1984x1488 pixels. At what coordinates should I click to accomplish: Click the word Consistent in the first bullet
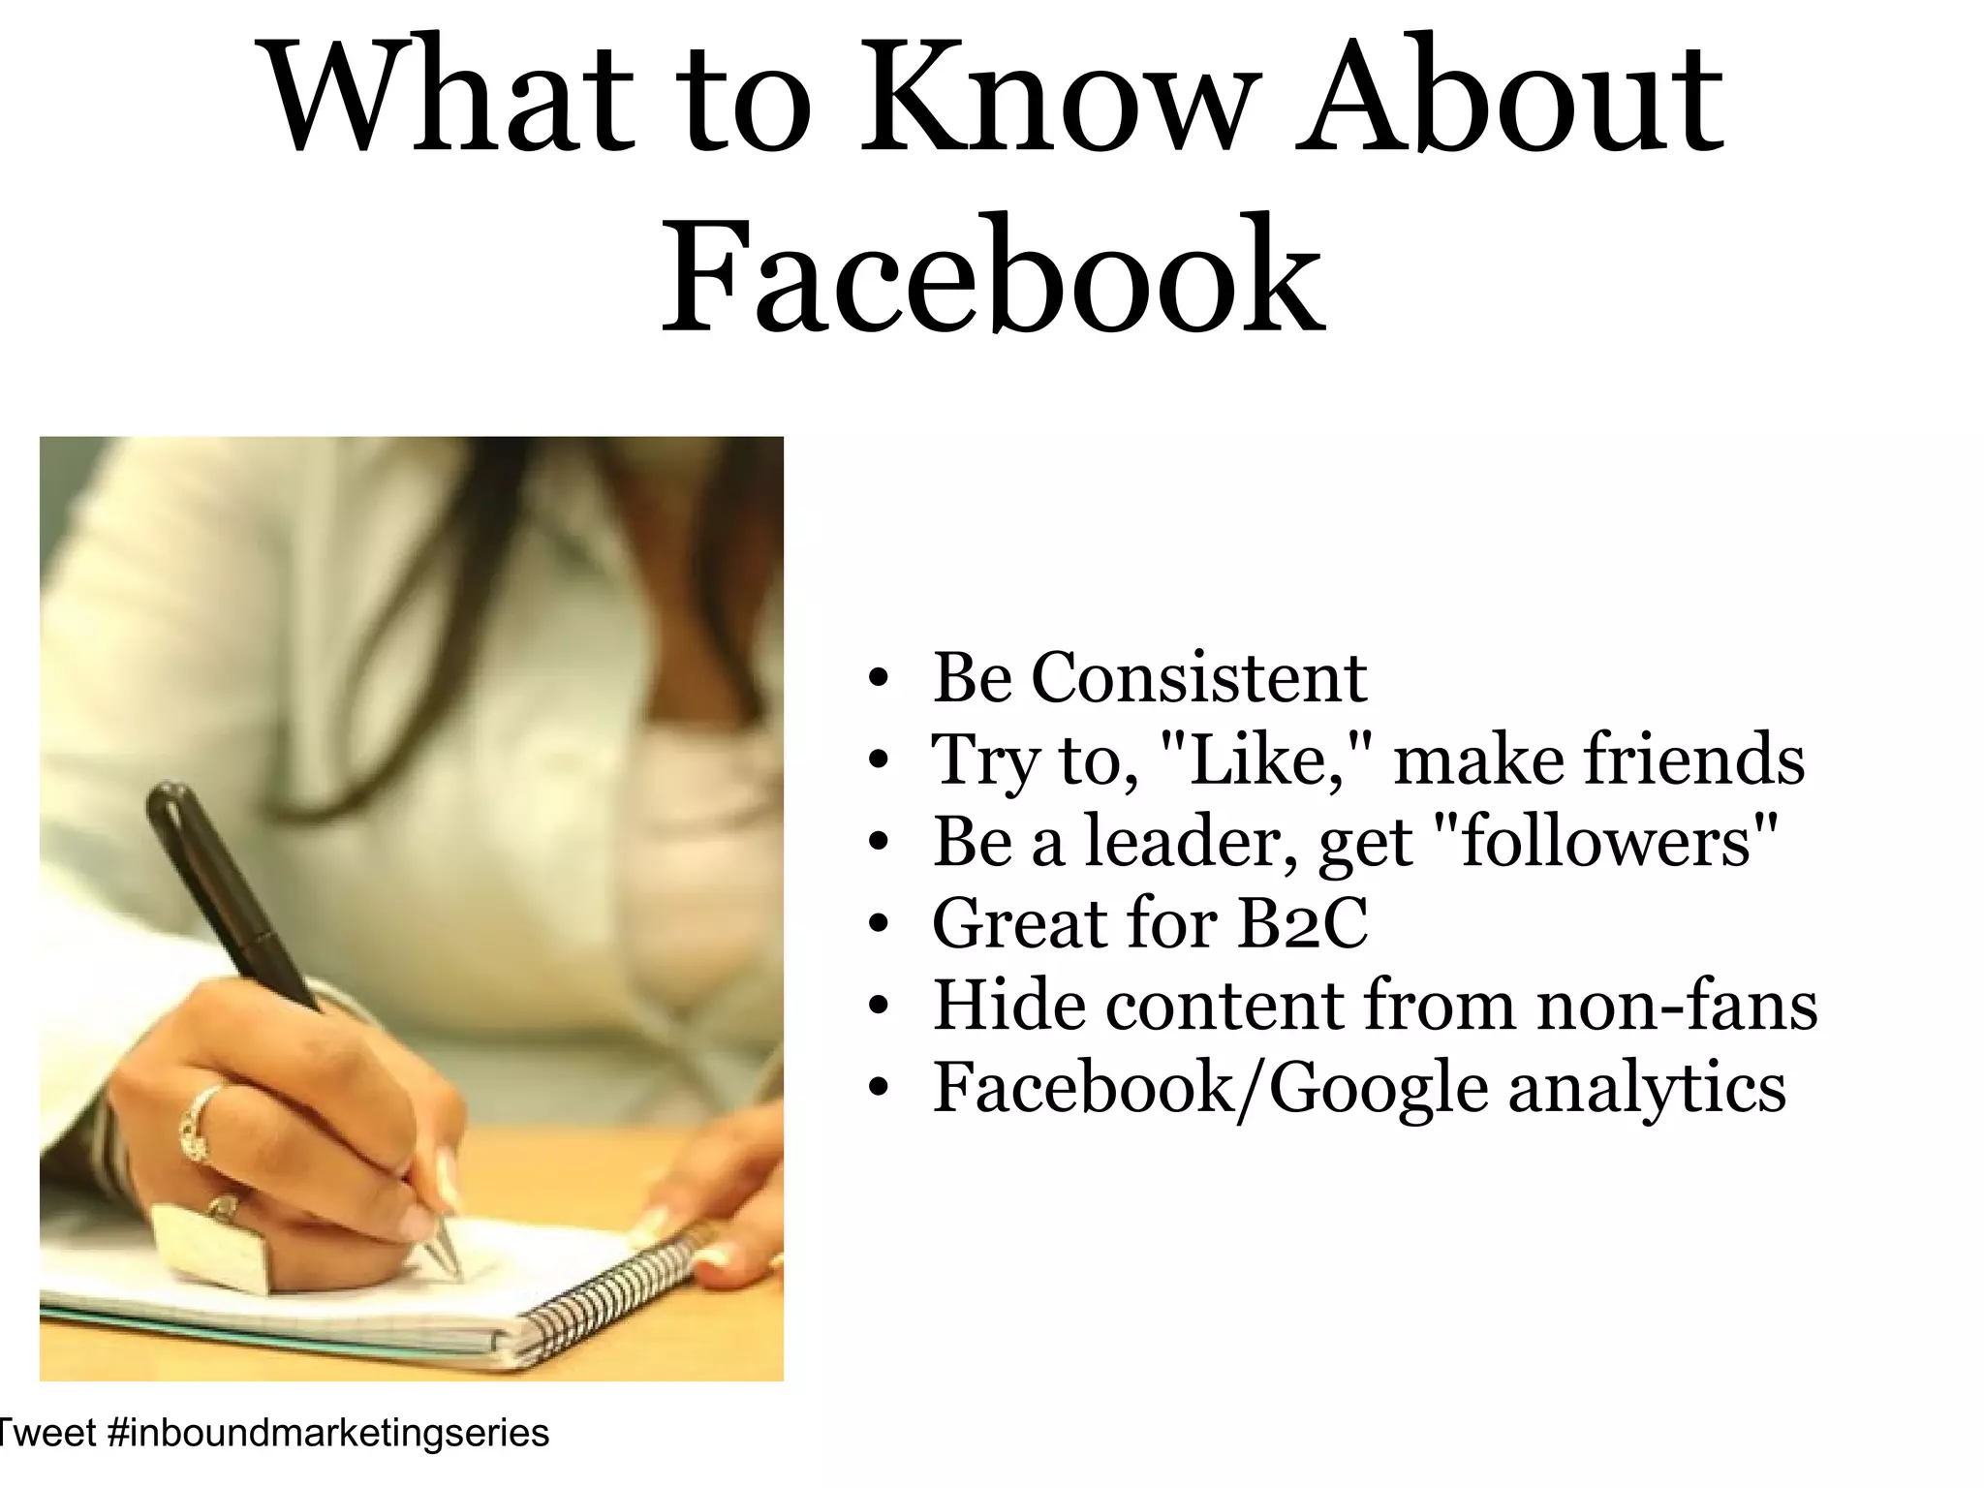[x=1198, y=677]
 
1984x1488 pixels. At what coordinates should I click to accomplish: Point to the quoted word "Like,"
[x=1264, y=759]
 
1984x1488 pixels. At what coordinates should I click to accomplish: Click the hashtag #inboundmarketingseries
[x=329, y=1433]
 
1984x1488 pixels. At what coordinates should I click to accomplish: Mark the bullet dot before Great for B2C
[x=879, y=926]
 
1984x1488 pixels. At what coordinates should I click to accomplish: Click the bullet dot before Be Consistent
[x=879, y=680]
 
